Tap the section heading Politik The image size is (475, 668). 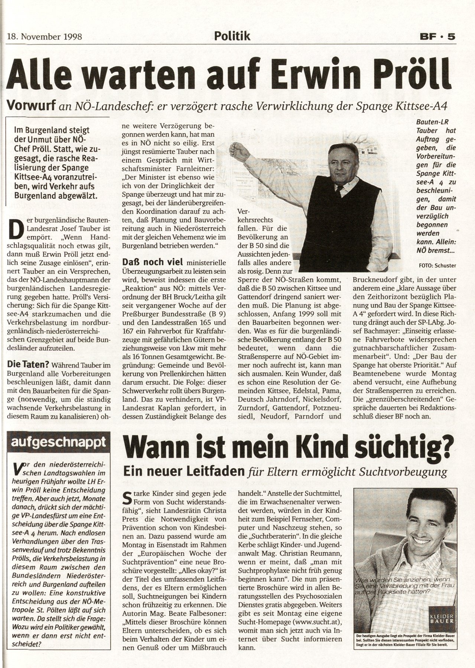232,36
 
